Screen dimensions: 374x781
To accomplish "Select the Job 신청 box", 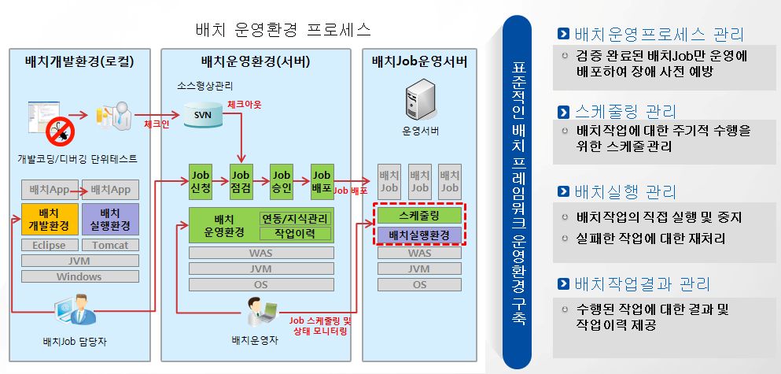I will (201, 180).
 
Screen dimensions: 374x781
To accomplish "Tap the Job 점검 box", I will (241, 180).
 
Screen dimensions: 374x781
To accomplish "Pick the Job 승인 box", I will (281, 180).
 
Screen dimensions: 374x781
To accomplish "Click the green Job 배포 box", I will (321, 180).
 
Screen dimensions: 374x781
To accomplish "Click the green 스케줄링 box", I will (418, 214).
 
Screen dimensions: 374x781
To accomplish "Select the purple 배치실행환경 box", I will (418, 235).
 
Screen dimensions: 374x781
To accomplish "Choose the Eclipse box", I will (50, 245).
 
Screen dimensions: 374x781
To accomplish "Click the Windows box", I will (79, 276).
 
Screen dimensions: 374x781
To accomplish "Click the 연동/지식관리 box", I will (295, 218).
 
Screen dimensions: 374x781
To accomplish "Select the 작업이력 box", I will (295, 234).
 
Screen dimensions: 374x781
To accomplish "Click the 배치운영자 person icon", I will (260, 311).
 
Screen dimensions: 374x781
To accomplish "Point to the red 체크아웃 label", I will (244, 104).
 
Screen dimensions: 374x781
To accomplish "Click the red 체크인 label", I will (157, 124).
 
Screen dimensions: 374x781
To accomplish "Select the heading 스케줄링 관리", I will (625, 111).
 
